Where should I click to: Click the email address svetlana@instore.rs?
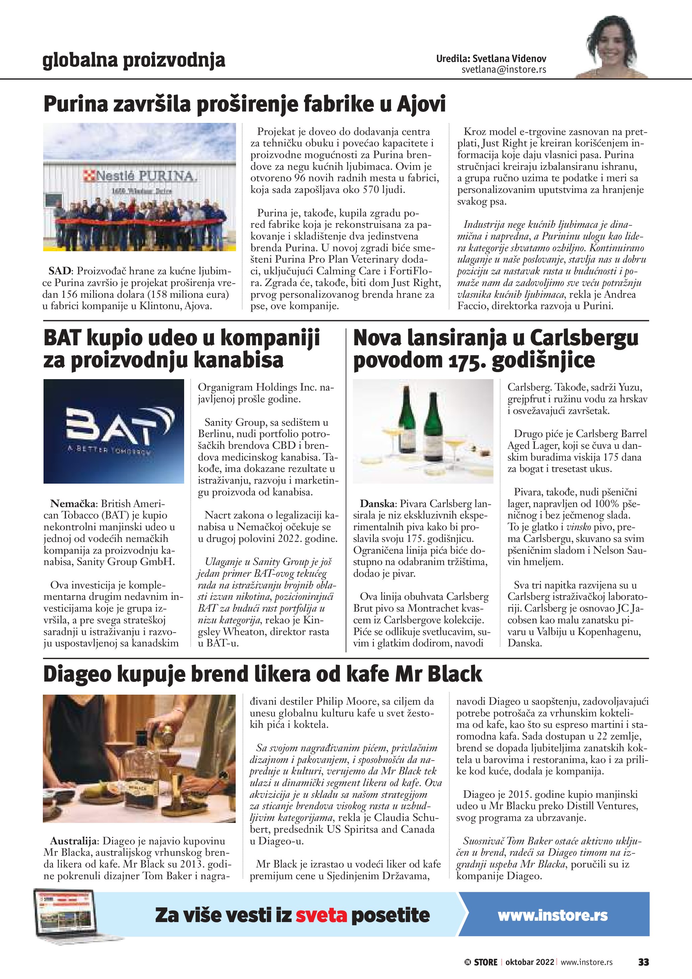coord(504,70)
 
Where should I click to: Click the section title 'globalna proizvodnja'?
coord(134,60)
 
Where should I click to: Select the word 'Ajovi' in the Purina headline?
coord(421,104)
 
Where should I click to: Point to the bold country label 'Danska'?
coord(376,504)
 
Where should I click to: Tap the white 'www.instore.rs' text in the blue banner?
coord(552,915)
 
